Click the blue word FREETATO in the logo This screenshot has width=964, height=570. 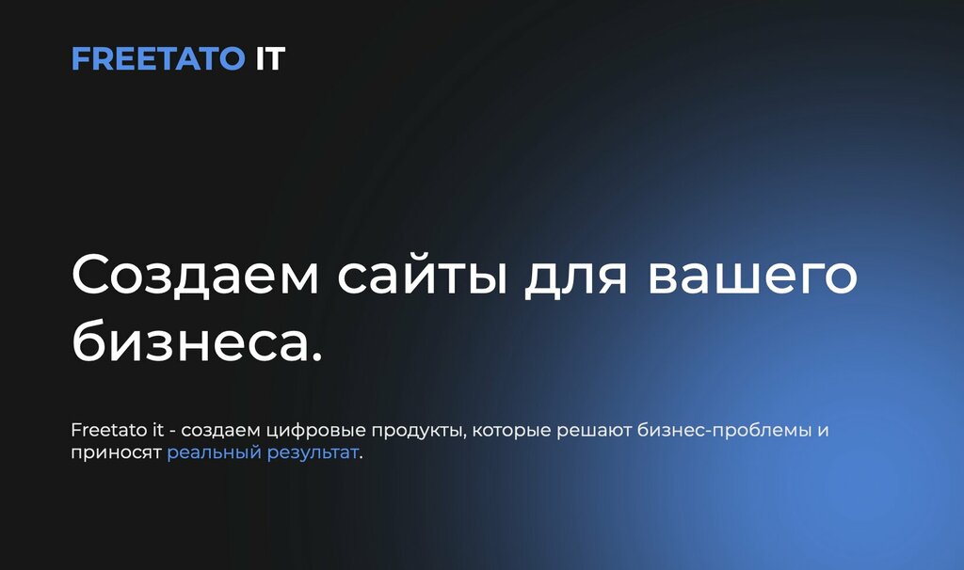[x=157, y=59]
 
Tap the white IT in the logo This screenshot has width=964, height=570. [x=269, y=59]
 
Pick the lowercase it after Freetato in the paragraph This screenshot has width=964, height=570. [x=158, y=431]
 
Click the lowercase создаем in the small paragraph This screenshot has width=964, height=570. [x=221, y=432]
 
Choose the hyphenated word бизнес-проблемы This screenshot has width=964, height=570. [x=723, y=432]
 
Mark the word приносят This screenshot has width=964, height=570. [x=116, y=453]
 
